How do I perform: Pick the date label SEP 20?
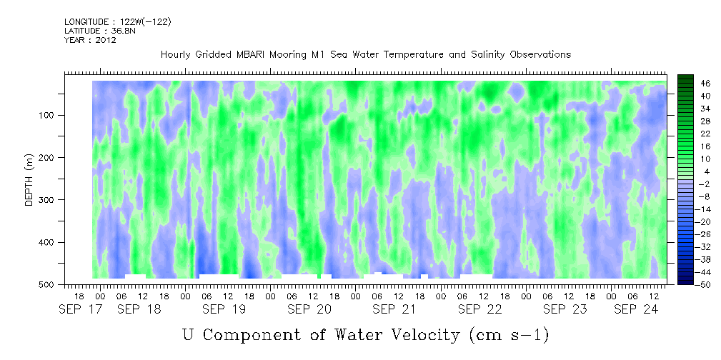(309, 309)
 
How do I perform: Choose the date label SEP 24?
(636, 309)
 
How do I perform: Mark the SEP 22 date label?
(479, 309)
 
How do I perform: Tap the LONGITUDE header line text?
(118, 21)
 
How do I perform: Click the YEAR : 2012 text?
(90, 40)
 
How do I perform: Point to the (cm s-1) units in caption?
(509, 336)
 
